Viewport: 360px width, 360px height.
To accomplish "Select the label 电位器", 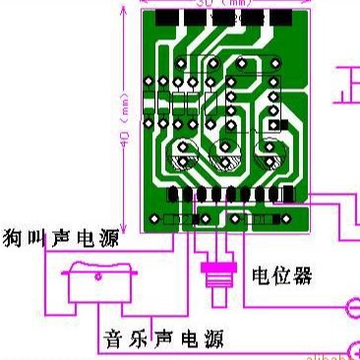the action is pos(281,275).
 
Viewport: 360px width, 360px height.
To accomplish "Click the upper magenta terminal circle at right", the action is pos(355,310).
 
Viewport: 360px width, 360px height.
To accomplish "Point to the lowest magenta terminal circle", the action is pos(355,345).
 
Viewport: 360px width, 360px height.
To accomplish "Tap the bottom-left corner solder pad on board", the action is pos(151,218).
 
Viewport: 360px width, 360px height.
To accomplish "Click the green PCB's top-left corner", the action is pos(144,11).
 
